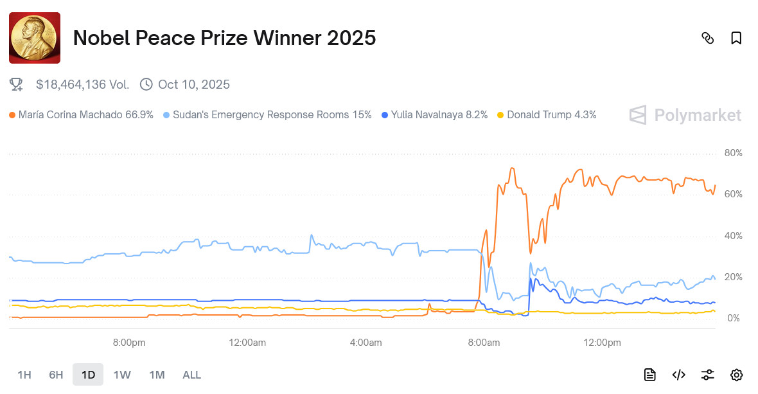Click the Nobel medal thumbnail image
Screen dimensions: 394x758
pos(35,38)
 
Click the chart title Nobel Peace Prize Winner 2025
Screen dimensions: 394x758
pos(224,38)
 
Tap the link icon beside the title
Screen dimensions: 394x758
pos(707,38)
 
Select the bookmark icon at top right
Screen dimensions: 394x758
pos(736,38)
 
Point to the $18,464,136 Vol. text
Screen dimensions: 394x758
pos(82,84)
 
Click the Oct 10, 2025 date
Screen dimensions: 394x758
pos(193,84)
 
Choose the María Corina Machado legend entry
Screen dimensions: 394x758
pos(85,115)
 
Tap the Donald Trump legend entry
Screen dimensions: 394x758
pos(551,115)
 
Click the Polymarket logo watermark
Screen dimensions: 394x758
pos(685,115)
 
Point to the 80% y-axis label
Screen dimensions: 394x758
pos(733,153)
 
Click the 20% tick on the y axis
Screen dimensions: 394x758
pos(733,277)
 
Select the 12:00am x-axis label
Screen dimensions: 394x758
pos(247,343)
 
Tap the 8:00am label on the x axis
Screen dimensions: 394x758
pos(484,343)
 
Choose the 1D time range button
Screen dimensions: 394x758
pos(88,375)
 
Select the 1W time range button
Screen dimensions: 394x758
pos(122,375)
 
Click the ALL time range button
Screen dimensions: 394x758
pos(191,375)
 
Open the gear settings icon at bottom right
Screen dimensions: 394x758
pos(736,375)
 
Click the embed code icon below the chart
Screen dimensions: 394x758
pos(678,375)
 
